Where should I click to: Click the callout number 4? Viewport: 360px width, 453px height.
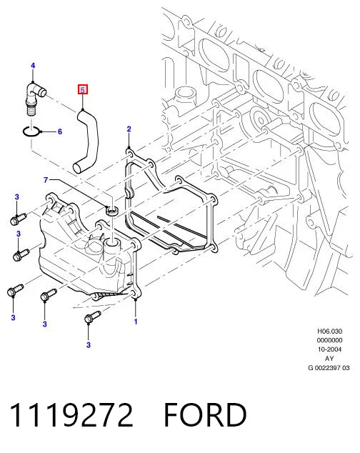(33, 66)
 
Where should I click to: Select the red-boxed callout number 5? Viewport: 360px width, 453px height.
(83, 90)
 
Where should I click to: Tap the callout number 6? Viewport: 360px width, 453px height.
(60, 131)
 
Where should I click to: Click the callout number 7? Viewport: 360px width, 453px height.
(46, 180)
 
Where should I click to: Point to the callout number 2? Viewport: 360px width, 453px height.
(129, 129)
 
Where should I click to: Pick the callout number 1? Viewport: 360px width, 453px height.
(136, 322)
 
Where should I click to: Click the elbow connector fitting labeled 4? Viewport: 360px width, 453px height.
(35, 98)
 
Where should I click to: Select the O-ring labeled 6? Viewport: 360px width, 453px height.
(31, 132)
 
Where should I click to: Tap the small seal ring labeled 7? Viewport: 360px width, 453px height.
(112, 211)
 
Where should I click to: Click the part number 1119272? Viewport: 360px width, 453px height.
(71, 415)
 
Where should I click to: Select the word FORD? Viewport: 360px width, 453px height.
(205, 415)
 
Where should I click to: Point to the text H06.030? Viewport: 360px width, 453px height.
(330, 331)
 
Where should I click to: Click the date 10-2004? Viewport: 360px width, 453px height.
(330, 349)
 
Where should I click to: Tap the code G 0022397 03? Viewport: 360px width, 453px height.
(329, 368)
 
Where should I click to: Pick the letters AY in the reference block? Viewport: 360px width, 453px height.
(329, 359)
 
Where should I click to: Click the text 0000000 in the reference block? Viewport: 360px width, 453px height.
(330, 340)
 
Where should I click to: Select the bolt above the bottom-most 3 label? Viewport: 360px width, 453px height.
(92, 317)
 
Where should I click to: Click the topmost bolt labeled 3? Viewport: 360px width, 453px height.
(18, 219)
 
